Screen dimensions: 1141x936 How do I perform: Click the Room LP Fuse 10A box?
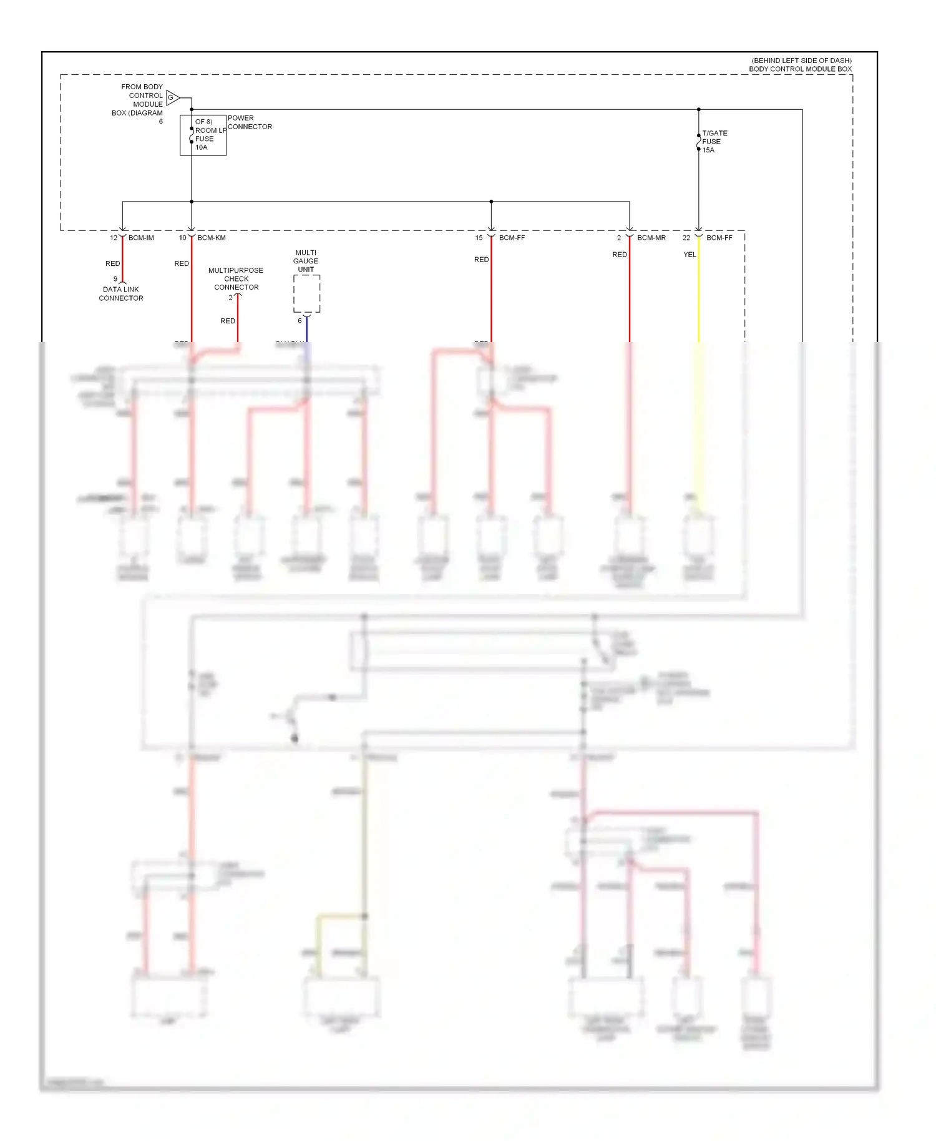click(x=203, y=135)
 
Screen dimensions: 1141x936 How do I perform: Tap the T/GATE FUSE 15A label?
click(x=714, y=142)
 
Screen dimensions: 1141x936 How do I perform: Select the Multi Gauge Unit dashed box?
click(x=306, y=293)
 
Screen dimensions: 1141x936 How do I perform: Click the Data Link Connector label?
click(x=121, y=294)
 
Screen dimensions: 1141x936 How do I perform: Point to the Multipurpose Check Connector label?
click(x=236, y=279)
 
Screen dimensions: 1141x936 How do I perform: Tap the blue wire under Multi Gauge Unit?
click(x=306, y=330)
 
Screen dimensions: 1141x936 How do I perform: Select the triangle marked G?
click(x=172, y=98)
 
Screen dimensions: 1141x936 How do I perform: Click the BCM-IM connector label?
click(x=141, y=238)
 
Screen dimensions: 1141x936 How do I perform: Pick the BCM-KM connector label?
click(x=211, y=238)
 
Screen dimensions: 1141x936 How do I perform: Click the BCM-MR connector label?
click(x=651, y=238)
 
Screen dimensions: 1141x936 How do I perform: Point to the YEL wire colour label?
click(x=690, y=255)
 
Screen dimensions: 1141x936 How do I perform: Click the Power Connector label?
click(x=250, y=122)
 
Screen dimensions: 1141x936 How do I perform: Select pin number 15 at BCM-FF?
click(x=479, y=238)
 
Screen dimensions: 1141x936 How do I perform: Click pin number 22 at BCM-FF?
click(x=686, y=238)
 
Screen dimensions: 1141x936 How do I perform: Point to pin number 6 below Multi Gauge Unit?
click(x=300, y=321)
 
